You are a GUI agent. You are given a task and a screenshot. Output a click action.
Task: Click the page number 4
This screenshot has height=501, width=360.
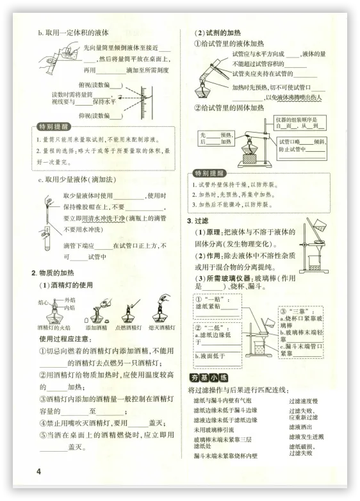pos(39,472)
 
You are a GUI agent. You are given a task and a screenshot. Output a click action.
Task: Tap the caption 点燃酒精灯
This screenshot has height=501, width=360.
pos(128,327)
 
